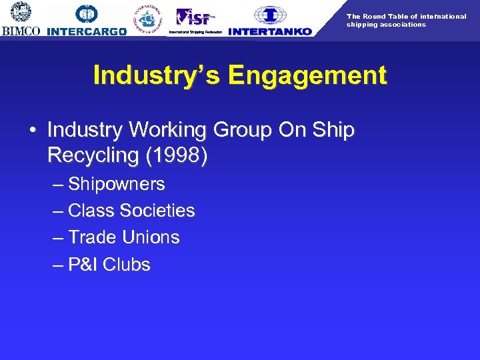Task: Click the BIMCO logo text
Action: pyautogui.click(x=21, y=31)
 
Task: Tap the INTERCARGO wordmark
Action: pyautogui.click(x=87, y=31)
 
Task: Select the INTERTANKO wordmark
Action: pyautogui.click(x=269, y=31)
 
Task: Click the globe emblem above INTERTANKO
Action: pyautogui.click(x=270, y=14)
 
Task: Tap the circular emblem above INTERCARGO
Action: pyautogui.click(x=87, y=13)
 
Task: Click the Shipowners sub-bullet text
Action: pyautogui.click(x=117, y=184)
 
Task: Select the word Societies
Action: pyautogui.click(x=157, y=211)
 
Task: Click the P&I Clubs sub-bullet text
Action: pyautogui.click(x=109, y=265)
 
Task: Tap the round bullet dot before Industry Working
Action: pyautogui.click(x=33, y=130)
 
